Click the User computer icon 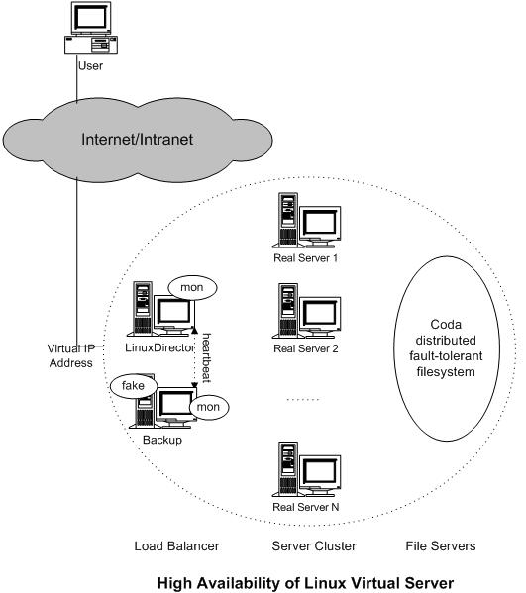[x=91, y=29]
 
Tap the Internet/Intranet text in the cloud [x=137, y=140]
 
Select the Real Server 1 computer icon [x=306, y=221]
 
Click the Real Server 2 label [x=306, y=348]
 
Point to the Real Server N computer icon [x=306, y=469]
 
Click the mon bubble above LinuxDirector [x=192, y=288]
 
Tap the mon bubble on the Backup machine [x=208, y=407]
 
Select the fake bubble [x=133, y=386]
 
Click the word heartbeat [x=207, y=357]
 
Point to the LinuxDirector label [x=159, y=347]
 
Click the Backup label [x=162, y=440]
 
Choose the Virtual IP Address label [x=70, y=355]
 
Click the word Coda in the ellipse [x=446, y=325]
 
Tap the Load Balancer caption [x=176, y=546]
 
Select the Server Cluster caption [x=314, y=546]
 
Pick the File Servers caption [x=441, y=546]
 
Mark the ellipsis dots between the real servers [x=303, y=399]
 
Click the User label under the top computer [x=90, y=65]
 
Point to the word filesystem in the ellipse [x=446, y=372]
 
